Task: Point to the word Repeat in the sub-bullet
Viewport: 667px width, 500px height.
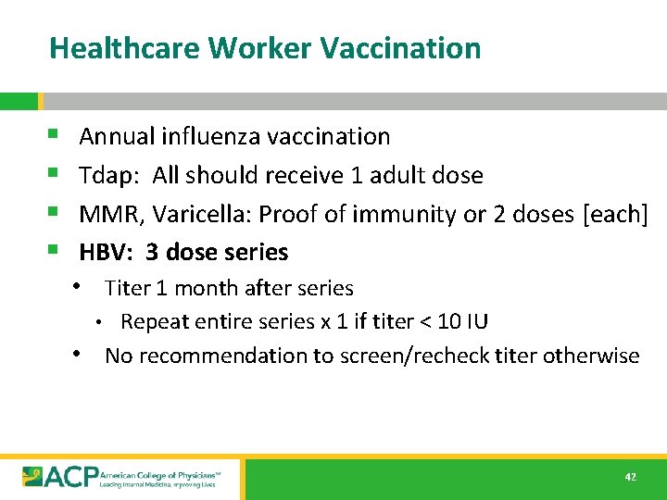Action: [x=152, y=322]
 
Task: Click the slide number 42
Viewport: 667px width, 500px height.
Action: [x=631, y=477]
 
